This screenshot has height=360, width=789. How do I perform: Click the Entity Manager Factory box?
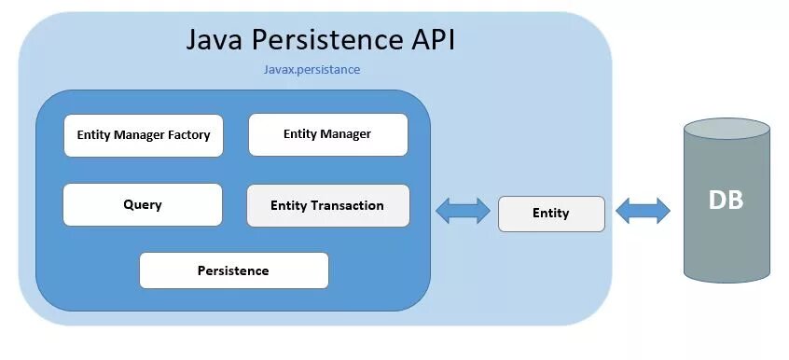coord(143,135)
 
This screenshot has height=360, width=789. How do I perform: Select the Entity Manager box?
coord(327,134)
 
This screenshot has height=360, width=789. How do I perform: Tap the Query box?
coord(143,204)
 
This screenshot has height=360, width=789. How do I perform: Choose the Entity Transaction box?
coord(327,205)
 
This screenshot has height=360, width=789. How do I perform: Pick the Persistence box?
coord(233,270)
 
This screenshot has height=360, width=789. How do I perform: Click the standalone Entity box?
coord(551,214)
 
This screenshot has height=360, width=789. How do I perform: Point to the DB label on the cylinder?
coord(726,201)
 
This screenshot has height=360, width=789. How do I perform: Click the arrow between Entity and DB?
coord(644,211)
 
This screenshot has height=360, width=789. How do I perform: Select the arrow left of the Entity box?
coord(464,211)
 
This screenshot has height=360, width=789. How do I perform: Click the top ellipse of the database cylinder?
coord(726,129)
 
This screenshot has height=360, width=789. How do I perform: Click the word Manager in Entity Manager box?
coord(345,134)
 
